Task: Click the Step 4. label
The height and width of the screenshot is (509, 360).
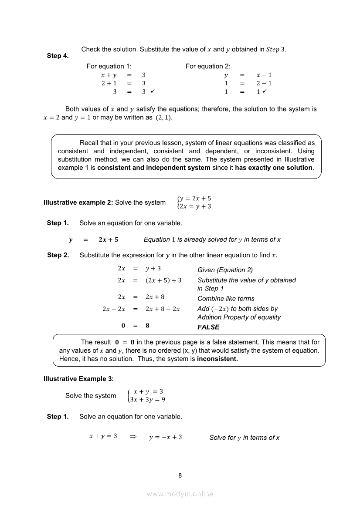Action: click(58, 56)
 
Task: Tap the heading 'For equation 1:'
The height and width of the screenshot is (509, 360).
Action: click(109, 66)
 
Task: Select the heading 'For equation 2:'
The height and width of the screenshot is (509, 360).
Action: click(208, 66)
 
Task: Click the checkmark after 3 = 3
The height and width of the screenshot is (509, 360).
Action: click(153, 91)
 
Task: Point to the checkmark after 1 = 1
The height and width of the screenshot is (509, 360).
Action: click(265, 91)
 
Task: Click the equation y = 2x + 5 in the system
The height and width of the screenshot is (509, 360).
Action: click(195, 198)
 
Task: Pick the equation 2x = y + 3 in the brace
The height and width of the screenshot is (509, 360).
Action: click(195, 206)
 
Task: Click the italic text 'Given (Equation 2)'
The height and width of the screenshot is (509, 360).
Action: click(225, 270)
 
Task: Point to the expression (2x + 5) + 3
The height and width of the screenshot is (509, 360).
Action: click(163, 280)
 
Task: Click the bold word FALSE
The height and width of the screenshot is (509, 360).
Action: click(208, 327)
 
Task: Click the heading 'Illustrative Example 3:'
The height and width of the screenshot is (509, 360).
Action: click(78, 379)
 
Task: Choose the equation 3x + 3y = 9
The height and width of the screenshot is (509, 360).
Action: click(147, 400)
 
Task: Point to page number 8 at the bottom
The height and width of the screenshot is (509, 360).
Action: click(180, 475)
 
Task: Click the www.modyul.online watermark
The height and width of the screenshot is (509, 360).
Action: click(180, 494)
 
